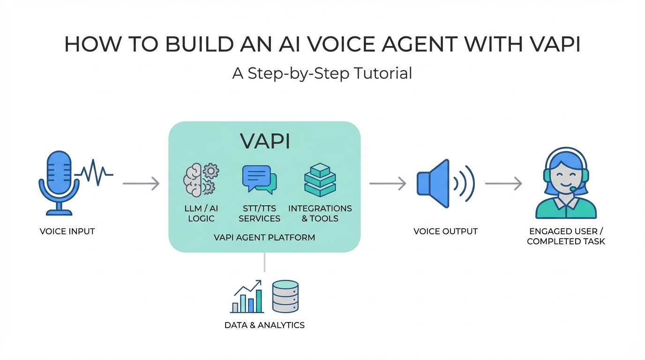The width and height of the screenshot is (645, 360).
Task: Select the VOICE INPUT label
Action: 67,231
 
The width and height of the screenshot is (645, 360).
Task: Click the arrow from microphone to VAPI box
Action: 141,184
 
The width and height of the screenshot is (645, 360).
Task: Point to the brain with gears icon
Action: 201,180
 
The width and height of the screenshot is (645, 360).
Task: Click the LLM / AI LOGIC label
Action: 201,213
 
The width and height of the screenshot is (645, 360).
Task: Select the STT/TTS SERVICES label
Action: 259,213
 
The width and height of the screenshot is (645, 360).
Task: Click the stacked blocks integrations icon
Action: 320,180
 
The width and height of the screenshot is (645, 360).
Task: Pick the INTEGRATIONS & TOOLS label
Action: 320,213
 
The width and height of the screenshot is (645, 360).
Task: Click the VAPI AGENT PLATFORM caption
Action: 264,237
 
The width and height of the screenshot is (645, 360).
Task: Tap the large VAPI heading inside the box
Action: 265,141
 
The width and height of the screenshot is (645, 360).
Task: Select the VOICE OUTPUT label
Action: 445,231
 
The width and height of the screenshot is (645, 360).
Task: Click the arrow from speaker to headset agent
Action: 503,184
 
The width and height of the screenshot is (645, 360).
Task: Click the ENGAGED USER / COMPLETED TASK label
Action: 566,236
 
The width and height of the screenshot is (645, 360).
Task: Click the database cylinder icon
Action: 285,297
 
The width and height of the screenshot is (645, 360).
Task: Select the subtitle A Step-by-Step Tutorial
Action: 322,73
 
